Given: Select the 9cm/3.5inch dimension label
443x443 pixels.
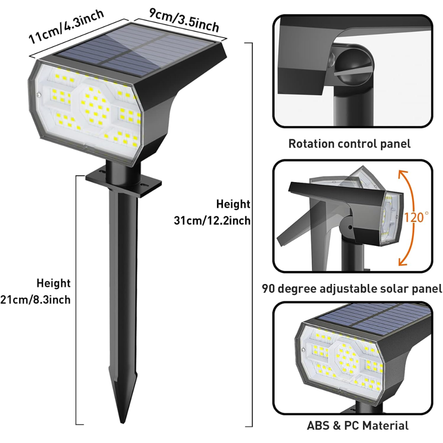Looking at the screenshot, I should pyautogui.click(x=183, y=19).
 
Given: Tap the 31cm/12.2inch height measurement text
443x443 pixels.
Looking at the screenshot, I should pyautogui.click(x=213, y=220).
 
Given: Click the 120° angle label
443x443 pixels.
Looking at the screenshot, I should pyautogui.click(x=416, y=217).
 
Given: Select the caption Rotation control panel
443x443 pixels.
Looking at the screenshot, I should pyautogui.click(x=349, y=144).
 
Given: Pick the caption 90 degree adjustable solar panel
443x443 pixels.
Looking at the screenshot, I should pyautogui.click(x=352, y=289).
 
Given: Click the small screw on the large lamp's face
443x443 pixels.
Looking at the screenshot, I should pyautogui.click(x=40, y=94).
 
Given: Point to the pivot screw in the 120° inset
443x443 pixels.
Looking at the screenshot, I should pyautogui.click(x=350, y=227).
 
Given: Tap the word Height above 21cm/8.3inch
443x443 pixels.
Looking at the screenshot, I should pyautogui.click(x=53, y=283).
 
